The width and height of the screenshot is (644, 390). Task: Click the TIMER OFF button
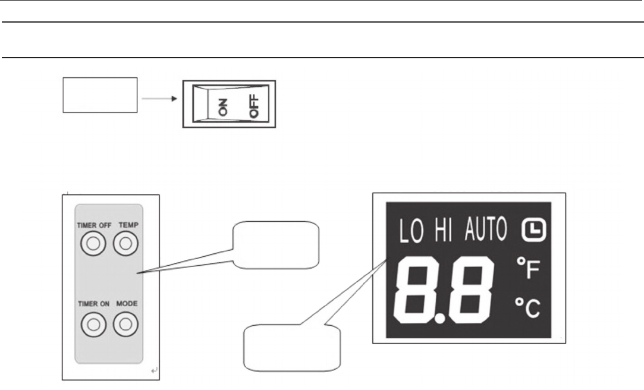tap(92, 244)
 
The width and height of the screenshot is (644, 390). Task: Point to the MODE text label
tap(127, 304)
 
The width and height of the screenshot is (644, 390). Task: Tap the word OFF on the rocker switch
tap(256, 109)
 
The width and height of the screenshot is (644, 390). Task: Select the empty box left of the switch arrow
tap(100, 94)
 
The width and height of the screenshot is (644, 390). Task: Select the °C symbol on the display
tap(527, 309)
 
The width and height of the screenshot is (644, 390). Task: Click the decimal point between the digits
tap(441, 319)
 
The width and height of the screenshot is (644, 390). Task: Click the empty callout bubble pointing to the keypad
tap(276, 244)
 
